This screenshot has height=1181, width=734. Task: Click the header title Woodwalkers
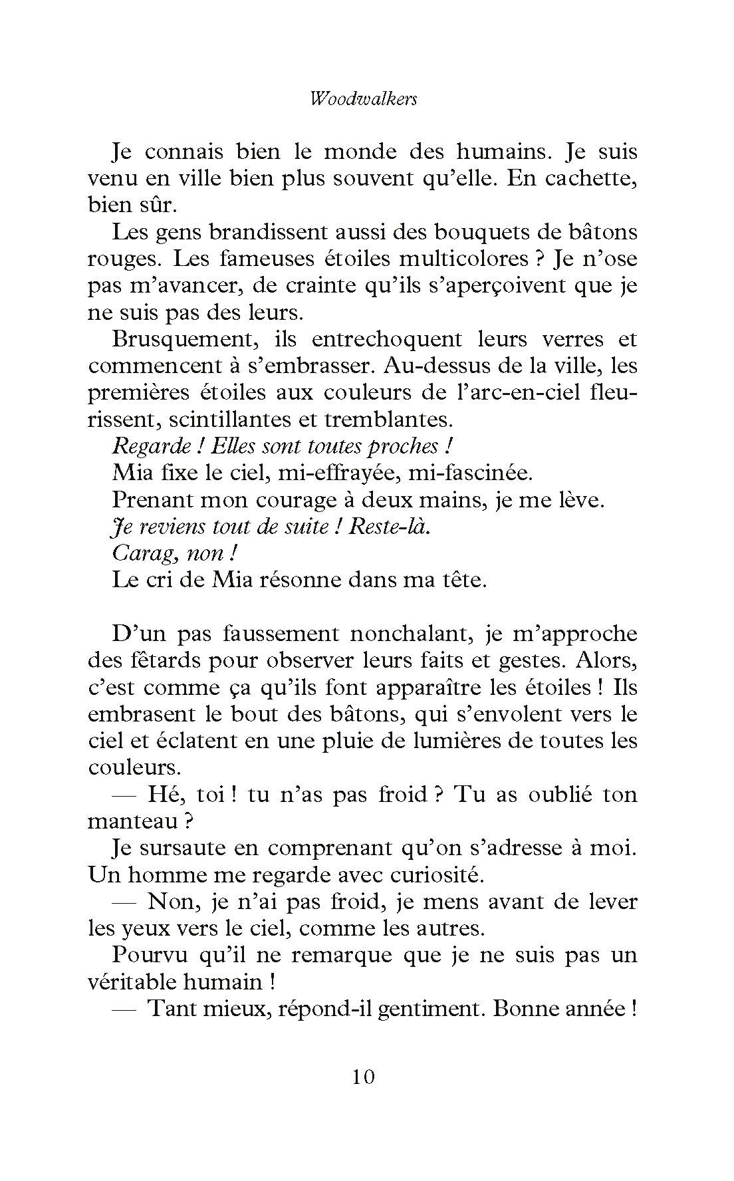364,99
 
